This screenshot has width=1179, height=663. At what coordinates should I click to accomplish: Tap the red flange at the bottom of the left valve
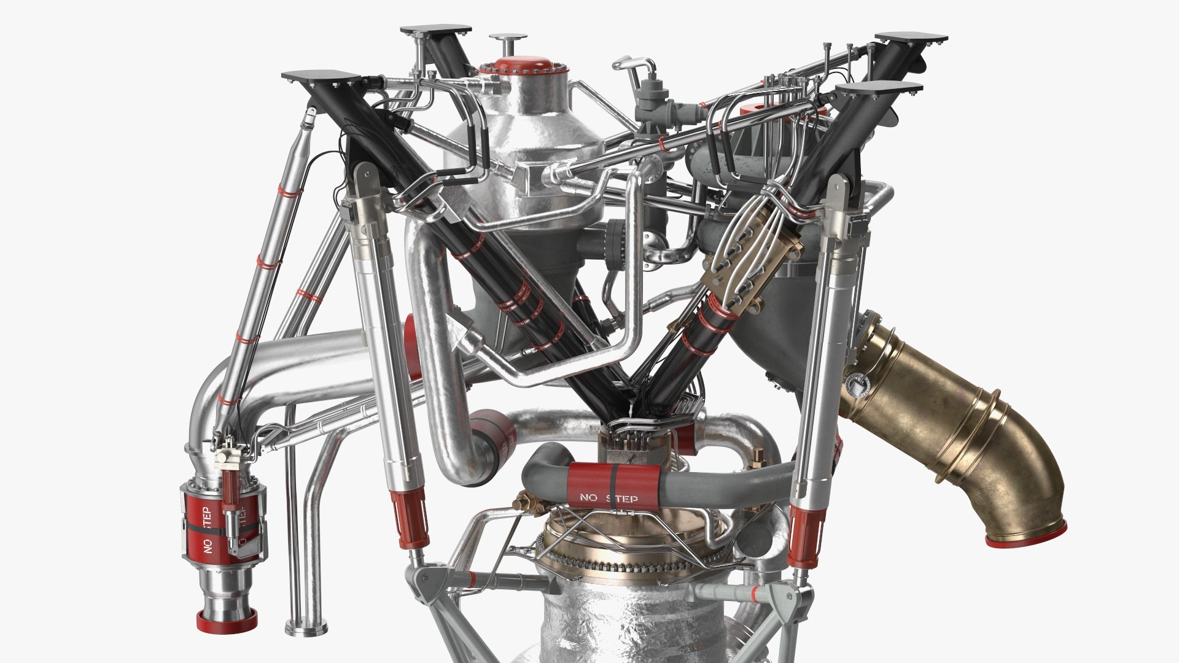(x=225, y=638)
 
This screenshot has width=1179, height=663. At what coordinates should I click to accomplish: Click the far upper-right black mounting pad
(x=911, y=40)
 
